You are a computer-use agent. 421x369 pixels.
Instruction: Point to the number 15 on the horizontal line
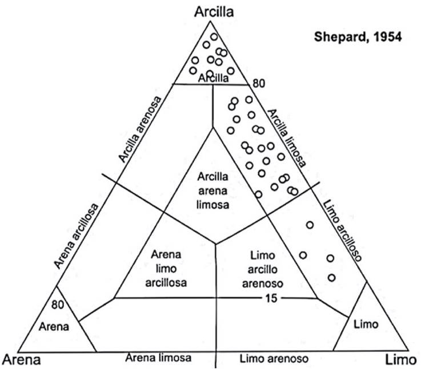coord(270,297)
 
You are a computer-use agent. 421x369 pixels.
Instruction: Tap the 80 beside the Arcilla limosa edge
coord(259,84)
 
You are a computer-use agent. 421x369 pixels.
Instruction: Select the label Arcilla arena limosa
coord(214,189)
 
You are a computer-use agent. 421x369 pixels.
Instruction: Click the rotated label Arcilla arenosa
coord(141,128)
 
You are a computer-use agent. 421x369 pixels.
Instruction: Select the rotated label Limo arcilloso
coord(342,230)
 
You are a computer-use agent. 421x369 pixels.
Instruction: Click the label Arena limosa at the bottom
coord(158,358)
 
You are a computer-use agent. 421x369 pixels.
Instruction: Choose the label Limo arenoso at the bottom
coord(274,358)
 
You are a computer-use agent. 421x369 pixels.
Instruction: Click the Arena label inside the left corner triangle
coord(55,327)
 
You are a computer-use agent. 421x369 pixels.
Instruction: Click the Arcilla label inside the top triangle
coord(210,79)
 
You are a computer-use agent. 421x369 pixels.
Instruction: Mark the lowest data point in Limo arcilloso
coord(332,278)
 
